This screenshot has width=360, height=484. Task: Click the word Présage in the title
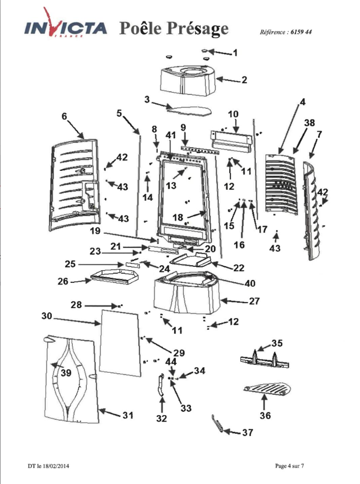[198, 29]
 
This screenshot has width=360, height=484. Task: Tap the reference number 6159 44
[301, 32]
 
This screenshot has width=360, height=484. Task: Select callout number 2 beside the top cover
[244, 80]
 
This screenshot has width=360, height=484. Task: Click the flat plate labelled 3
[189, 110]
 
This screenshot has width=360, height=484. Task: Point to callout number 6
[64, 116]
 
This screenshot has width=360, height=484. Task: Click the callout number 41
[171, 135]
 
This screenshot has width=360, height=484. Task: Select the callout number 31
[128, 416]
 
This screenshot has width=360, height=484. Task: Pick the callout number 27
[254, 301]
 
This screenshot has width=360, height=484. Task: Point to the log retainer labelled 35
[265, 359]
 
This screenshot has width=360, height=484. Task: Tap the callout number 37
[248, 432]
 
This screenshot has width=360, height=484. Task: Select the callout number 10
[233, 114]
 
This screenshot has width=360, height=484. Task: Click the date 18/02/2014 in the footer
[56, 466]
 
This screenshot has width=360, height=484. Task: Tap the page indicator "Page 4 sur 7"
[289, 466]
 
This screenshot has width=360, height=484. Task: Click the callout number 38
[309, 123]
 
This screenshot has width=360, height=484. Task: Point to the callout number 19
[95, 230]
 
